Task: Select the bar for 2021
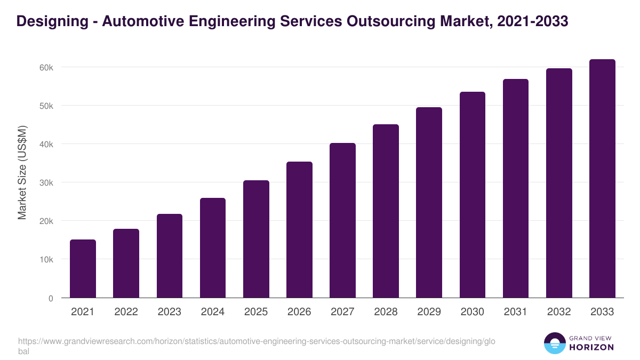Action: click(x=83, y=269)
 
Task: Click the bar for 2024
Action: click(x=213, y=248)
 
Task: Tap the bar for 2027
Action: click(x=342, y=220)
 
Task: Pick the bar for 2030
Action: click(x=473, y=195)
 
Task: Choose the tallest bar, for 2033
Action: click(x=602, y=179)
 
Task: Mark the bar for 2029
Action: click(x=429, y=203)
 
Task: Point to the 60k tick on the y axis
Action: click(x=46, y=68)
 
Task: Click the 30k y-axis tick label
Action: click(x=46, y=183)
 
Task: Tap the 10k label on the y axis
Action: click(x=46, y=260)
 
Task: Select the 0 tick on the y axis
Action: click(x=51, y=298)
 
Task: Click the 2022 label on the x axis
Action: click(x=126, y=312)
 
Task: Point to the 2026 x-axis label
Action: click(x=299, y=312)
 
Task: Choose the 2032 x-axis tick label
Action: click(x=559, y=312)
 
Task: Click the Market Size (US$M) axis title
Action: click(x=22, y=173)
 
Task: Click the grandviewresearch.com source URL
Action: click(x=251, y=341)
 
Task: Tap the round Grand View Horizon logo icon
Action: click(x=554, y=343)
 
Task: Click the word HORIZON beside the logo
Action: click(x=591, y=347)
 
